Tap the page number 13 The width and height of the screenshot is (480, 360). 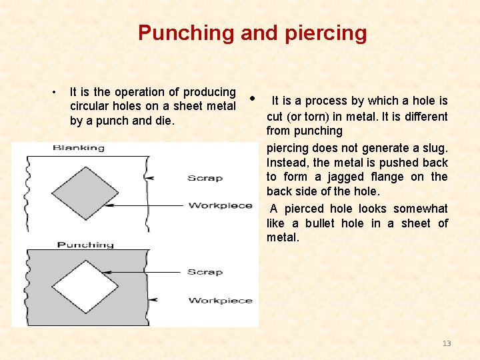coord(447,343)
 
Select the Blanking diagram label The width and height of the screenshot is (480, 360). coord(79,147)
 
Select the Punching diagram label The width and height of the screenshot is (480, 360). coord(85,245)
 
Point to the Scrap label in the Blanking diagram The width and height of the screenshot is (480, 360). coord(205,178)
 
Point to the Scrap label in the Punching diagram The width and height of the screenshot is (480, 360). coord(205,272)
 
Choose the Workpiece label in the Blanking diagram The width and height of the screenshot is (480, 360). coord(220,205)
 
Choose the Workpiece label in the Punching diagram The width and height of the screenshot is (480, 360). coord(220,301)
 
